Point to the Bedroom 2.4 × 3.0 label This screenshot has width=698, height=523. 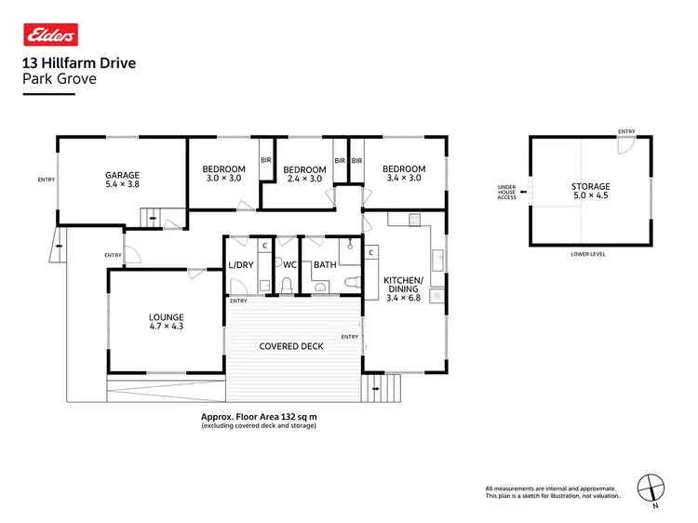click(x=304, y=174)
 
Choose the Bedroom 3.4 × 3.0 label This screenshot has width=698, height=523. click(x=402, y=173)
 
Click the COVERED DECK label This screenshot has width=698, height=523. click(x=291, y=346)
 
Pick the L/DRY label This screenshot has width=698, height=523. click(x=241, y=265)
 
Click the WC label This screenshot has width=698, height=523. click(x=289, y=265)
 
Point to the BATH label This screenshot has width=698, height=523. click(x=325, y=265)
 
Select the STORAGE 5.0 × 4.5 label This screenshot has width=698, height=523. click(x=591, y=192)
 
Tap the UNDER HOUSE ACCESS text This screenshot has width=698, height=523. click(x=506, y=193)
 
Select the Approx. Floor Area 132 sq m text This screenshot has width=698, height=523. click(x=259, y=417)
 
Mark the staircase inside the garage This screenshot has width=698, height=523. click(x=150, y=219)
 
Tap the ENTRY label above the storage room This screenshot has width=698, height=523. click(x=626, y=131)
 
